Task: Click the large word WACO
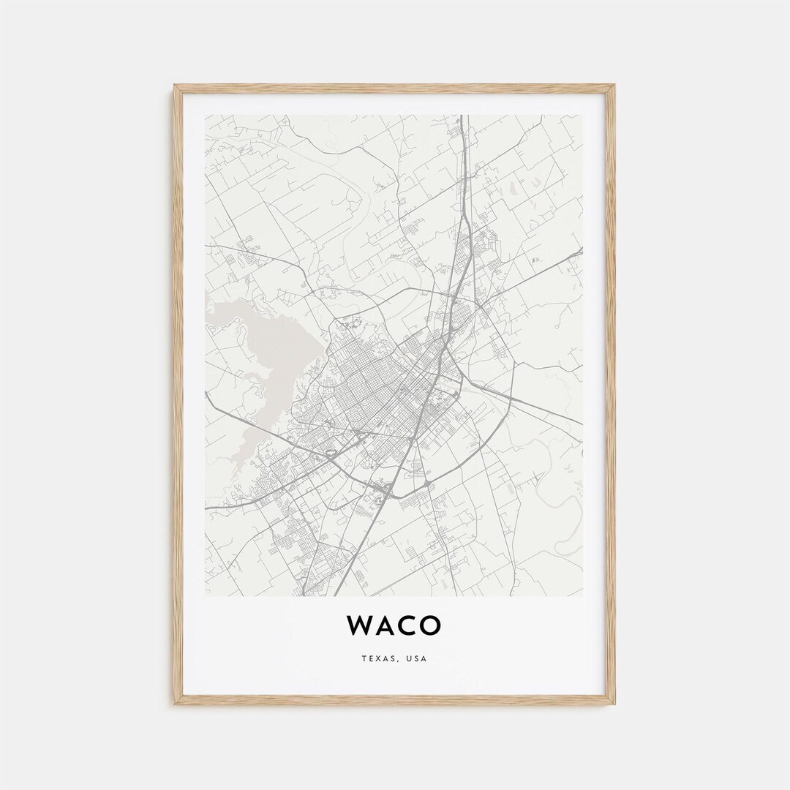click(394, 625)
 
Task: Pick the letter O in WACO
click(431, 625)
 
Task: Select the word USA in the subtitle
click(416, 659)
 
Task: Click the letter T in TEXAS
click(364, 659)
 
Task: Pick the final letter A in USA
click(424, 659)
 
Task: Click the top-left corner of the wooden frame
click(176, 86)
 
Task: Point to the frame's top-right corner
click(613, 86)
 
